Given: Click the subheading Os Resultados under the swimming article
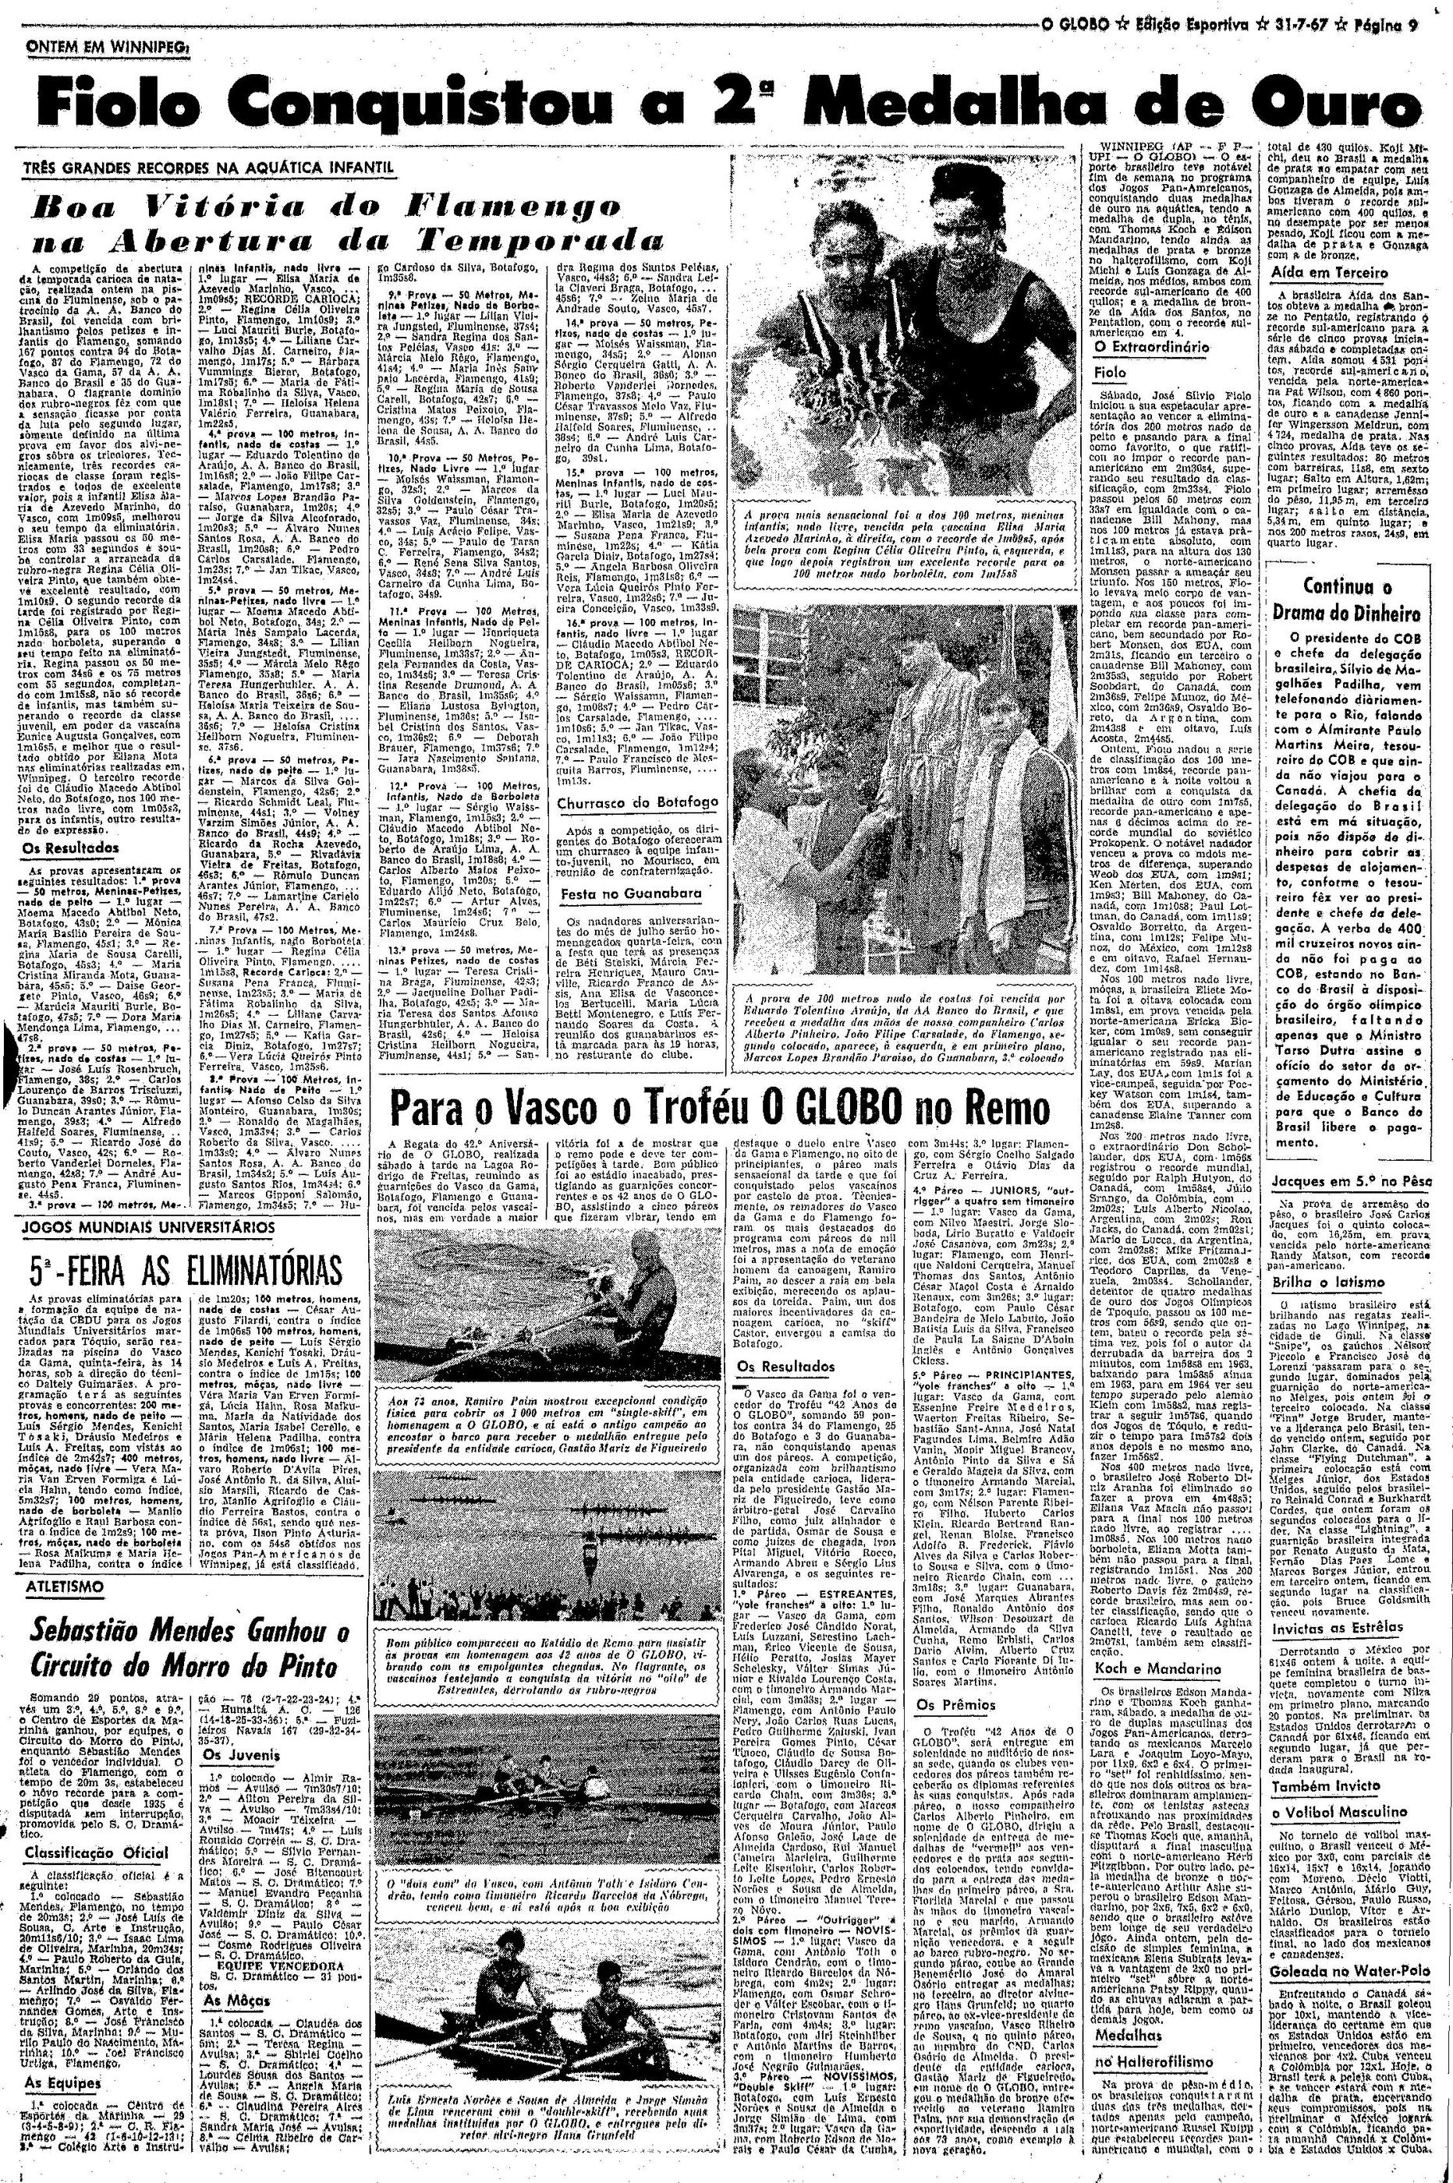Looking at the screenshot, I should pyautogui.click(x=71, y=847).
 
